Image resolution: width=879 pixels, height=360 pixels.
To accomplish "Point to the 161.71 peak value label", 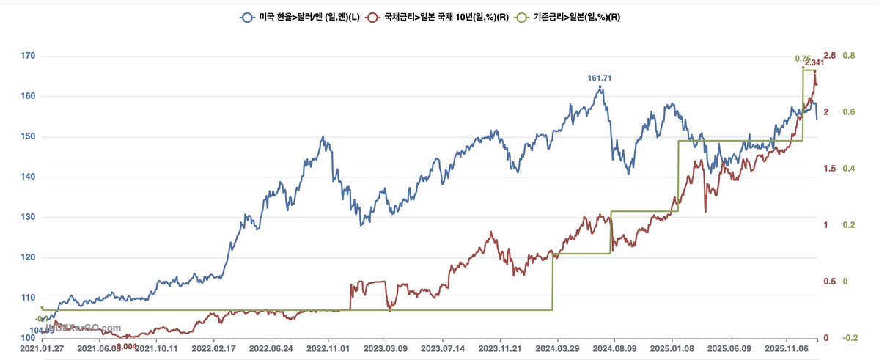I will point(600,78).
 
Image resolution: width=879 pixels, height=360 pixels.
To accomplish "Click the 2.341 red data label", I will point(814,63).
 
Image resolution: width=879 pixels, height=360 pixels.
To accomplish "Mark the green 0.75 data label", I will point(803,59).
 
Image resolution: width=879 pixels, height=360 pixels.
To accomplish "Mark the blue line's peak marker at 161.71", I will point(600,87).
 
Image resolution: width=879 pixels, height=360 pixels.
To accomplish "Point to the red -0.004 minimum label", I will point(128,346).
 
